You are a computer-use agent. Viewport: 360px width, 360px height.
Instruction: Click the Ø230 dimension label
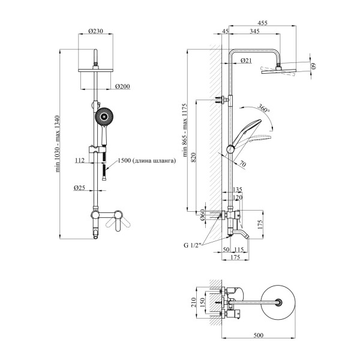[x=96, y=31]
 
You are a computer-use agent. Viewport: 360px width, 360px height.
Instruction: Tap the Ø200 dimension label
[x=122, y=86]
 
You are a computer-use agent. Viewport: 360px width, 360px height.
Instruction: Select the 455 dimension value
[x=262, y=23]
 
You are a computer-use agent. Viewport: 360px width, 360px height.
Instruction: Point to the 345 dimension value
[x=254, y=31]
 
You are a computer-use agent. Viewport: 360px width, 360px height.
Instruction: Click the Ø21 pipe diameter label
[x=246, y=61]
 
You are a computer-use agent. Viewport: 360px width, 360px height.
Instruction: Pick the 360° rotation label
[x=263, y=108]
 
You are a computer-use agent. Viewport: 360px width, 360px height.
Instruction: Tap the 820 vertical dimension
[x=193, y=158]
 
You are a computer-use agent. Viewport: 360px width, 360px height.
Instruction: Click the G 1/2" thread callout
[x=193, y=245]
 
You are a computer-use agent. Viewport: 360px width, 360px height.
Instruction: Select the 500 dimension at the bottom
[x=259, y=335]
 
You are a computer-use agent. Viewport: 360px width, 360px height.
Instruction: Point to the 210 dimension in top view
[x=193, y=302]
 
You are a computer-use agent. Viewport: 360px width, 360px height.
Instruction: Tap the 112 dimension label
[x=80, y=160]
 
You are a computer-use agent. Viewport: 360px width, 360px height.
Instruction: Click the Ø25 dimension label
[x=79, y=188]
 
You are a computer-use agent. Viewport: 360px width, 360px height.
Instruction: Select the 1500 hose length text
[x=147, y=160]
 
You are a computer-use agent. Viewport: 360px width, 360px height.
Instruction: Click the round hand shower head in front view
[x=104, y=116]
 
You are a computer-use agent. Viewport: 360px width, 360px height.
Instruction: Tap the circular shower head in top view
[x=278, y=302]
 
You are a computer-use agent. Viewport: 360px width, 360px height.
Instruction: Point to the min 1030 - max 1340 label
[x=58, y=144]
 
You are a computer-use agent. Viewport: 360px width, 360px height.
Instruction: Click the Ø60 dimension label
[x=202, y=215]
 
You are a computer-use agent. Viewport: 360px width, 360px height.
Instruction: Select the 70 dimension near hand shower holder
[x=242, y=164]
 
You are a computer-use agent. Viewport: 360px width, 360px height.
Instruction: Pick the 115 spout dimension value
[x=239, y=249]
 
